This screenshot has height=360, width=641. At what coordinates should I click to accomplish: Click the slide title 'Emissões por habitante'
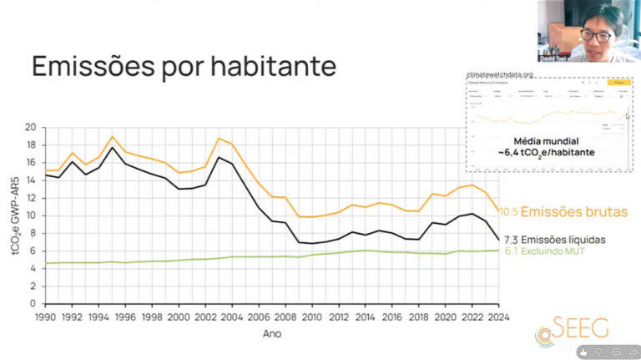[183, 66]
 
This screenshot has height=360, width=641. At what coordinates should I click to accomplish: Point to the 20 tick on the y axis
[31, 128]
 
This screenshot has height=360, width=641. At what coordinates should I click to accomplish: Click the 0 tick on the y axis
[33, 302]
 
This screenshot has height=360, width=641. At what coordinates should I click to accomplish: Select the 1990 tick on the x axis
[45, 317]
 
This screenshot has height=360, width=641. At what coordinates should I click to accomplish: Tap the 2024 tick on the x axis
[499, 317]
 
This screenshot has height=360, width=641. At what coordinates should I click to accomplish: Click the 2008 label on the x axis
[285, 317]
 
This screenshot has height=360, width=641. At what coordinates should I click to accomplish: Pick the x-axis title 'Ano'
[271, 333]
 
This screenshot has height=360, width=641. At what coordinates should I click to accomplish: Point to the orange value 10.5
[509, 212]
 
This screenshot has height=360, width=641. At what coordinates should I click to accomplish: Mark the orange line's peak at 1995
[112, 136]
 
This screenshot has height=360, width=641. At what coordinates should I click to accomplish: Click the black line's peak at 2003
[219, 157]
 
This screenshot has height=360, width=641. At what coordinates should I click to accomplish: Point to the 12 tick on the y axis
[31, 198]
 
